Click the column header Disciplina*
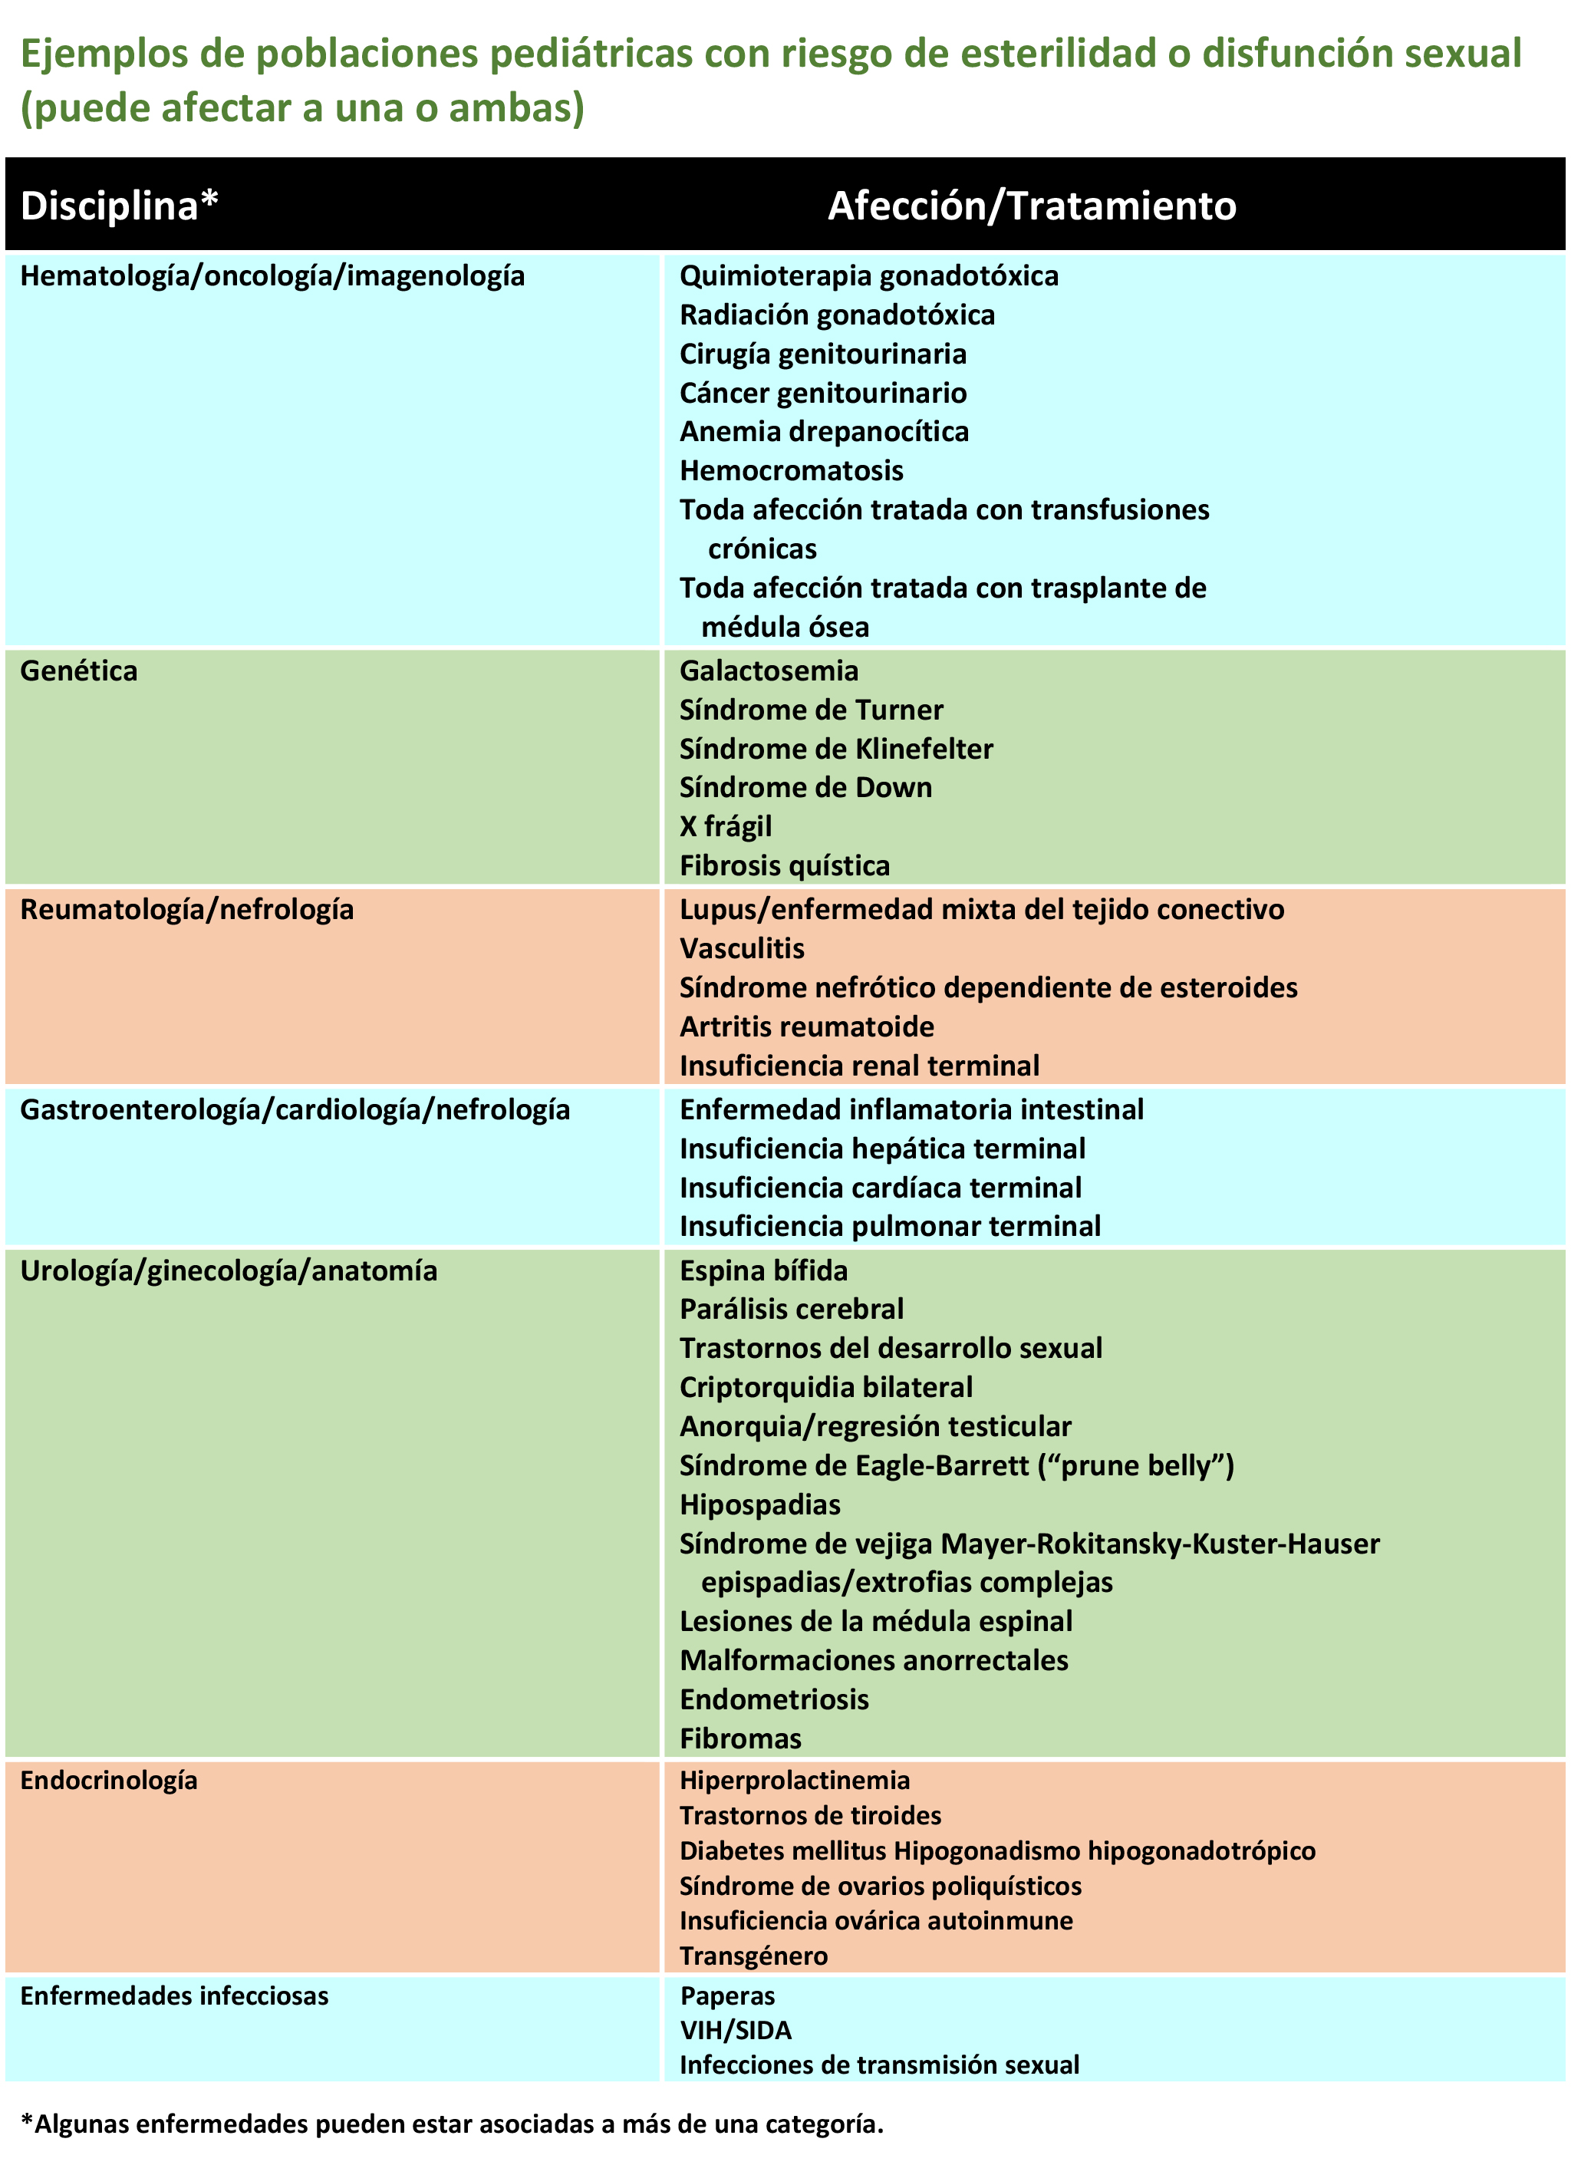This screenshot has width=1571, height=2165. (120, 206)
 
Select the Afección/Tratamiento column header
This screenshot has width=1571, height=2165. (1031, 206)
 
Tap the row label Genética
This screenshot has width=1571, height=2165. (78, 671)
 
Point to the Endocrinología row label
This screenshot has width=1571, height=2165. (109, 1781)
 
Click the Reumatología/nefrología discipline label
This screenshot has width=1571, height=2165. (187, 910)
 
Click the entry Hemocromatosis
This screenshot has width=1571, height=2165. (791, 470)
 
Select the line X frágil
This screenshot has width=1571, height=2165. (726, 827)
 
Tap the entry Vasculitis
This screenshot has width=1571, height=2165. (742, 949)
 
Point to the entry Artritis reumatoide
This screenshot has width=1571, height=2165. (806, 1027)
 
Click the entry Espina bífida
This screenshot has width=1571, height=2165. (763, 1271)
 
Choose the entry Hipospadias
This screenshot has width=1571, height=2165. (759, 1505)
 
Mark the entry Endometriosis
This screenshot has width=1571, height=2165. (774, 1700)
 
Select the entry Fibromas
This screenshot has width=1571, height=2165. (741, 1739)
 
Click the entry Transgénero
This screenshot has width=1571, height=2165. (753, 1957)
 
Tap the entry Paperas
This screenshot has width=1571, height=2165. (727, 1996)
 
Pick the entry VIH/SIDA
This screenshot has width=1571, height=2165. (735, 2031)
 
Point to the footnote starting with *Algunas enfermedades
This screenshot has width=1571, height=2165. (452, 2124)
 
